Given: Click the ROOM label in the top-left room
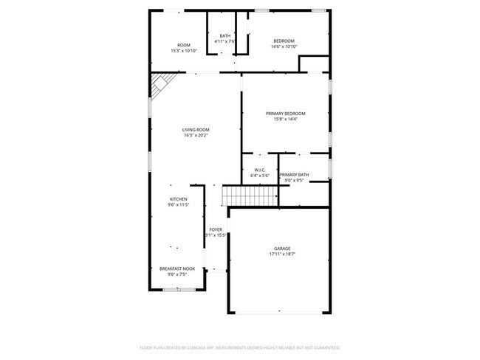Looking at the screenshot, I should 184,45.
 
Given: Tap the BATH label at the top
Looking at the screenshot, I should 224,35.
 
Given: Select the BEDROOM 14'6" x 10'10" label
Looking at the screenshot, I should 284,41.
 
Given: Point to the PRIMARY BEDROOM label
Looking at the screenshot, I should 285,113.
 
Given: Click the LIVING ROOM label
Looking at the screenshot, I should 196,129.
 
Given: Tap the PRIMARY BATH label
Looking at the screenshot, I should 294,174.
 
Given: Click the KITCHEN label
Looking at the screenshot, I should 179,198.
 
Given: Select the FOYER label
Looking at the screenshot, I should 216,229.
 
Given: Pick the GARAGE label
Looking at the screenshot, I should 282,248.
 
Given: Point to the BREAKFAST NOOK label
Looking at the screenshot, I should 177,269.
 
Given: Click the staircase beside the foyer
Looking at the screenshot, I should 250,195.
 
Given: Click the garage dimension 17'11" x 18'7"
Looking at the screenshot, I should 282,254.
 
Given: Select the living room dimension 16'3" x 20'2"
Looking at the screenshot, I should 196,135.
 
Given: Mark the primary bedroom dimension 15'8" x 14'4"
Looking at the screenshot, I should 285,119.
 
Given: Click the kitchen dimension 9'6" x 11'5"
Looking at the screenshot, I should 179,204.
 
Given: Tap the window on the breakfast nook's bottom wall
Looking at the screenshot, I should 174,290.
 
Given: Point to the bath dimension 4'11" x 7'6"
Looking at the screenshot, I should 224,41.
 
